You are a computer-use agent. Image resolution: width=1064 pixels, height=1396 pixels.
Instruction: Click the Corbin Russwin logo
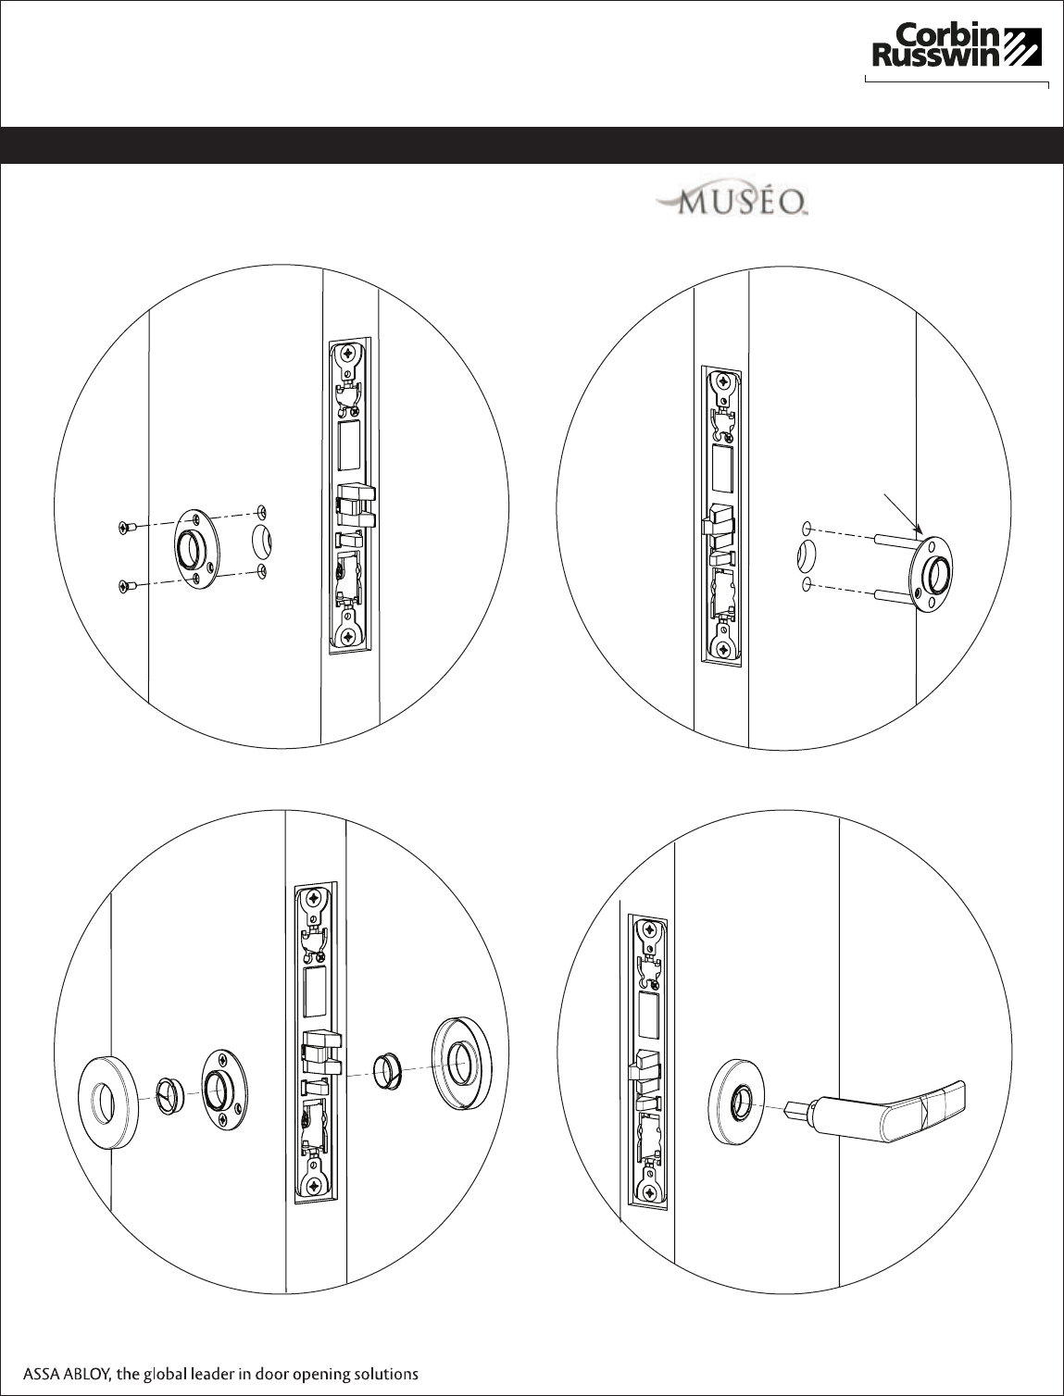pos(957,45)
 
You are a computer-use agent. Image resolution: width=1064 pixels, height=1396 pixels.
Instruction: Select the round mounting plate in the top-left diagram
pos(196,548)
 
